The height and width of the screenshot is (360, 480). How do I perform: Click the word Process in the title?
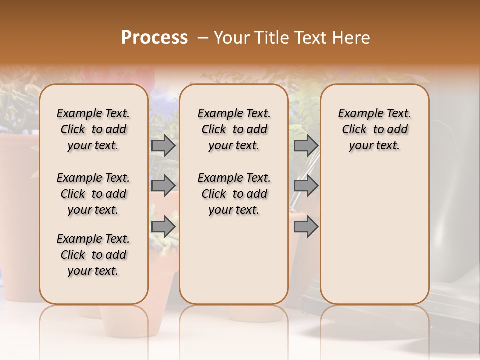tap(154, 38)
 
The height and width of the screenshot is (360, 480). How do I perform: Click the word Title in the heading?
tap(270, 38)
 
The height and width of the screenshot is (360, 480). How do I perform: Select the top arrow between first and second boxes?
tap(163, 145)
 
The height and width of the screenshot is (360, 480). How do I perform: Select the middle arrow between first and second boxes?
tap(163, 186)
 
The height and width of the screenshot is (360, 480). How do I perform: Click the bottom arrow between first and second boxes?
tap(163, 226)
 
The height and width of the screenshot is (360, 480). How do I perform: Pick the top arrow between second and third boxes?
tap(306, 145)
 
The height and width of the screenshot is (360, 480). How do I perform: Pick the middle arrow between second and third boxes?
tap(306, 186)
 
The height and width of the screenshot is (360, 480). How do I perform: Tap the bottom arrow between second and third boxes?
tap(306, 226)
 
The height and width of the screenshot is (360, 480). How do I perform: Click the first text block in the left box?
tap(93, 129)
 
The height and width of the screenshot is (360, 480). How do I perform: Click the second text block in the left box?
tap(93, 194)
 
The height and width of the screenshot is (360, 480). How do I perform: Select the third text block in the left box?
tap(93, 255)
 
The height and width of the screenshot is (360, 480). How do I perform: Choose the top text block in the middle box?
tap(234, 129)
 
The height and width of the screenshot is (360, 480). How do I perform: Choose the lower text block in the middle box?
tap(234, 194)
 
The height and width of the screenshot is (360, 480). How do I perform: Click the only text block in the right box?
tap(374, 129)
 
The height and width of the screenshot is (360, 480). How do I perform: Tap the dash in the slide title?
tap(202, 38)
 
